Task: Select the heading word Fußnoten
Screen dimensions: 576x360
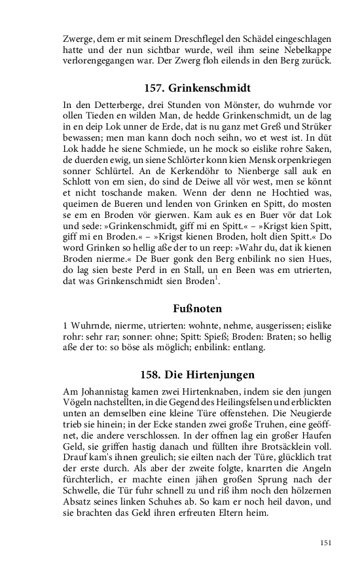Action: click(179, 308)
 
